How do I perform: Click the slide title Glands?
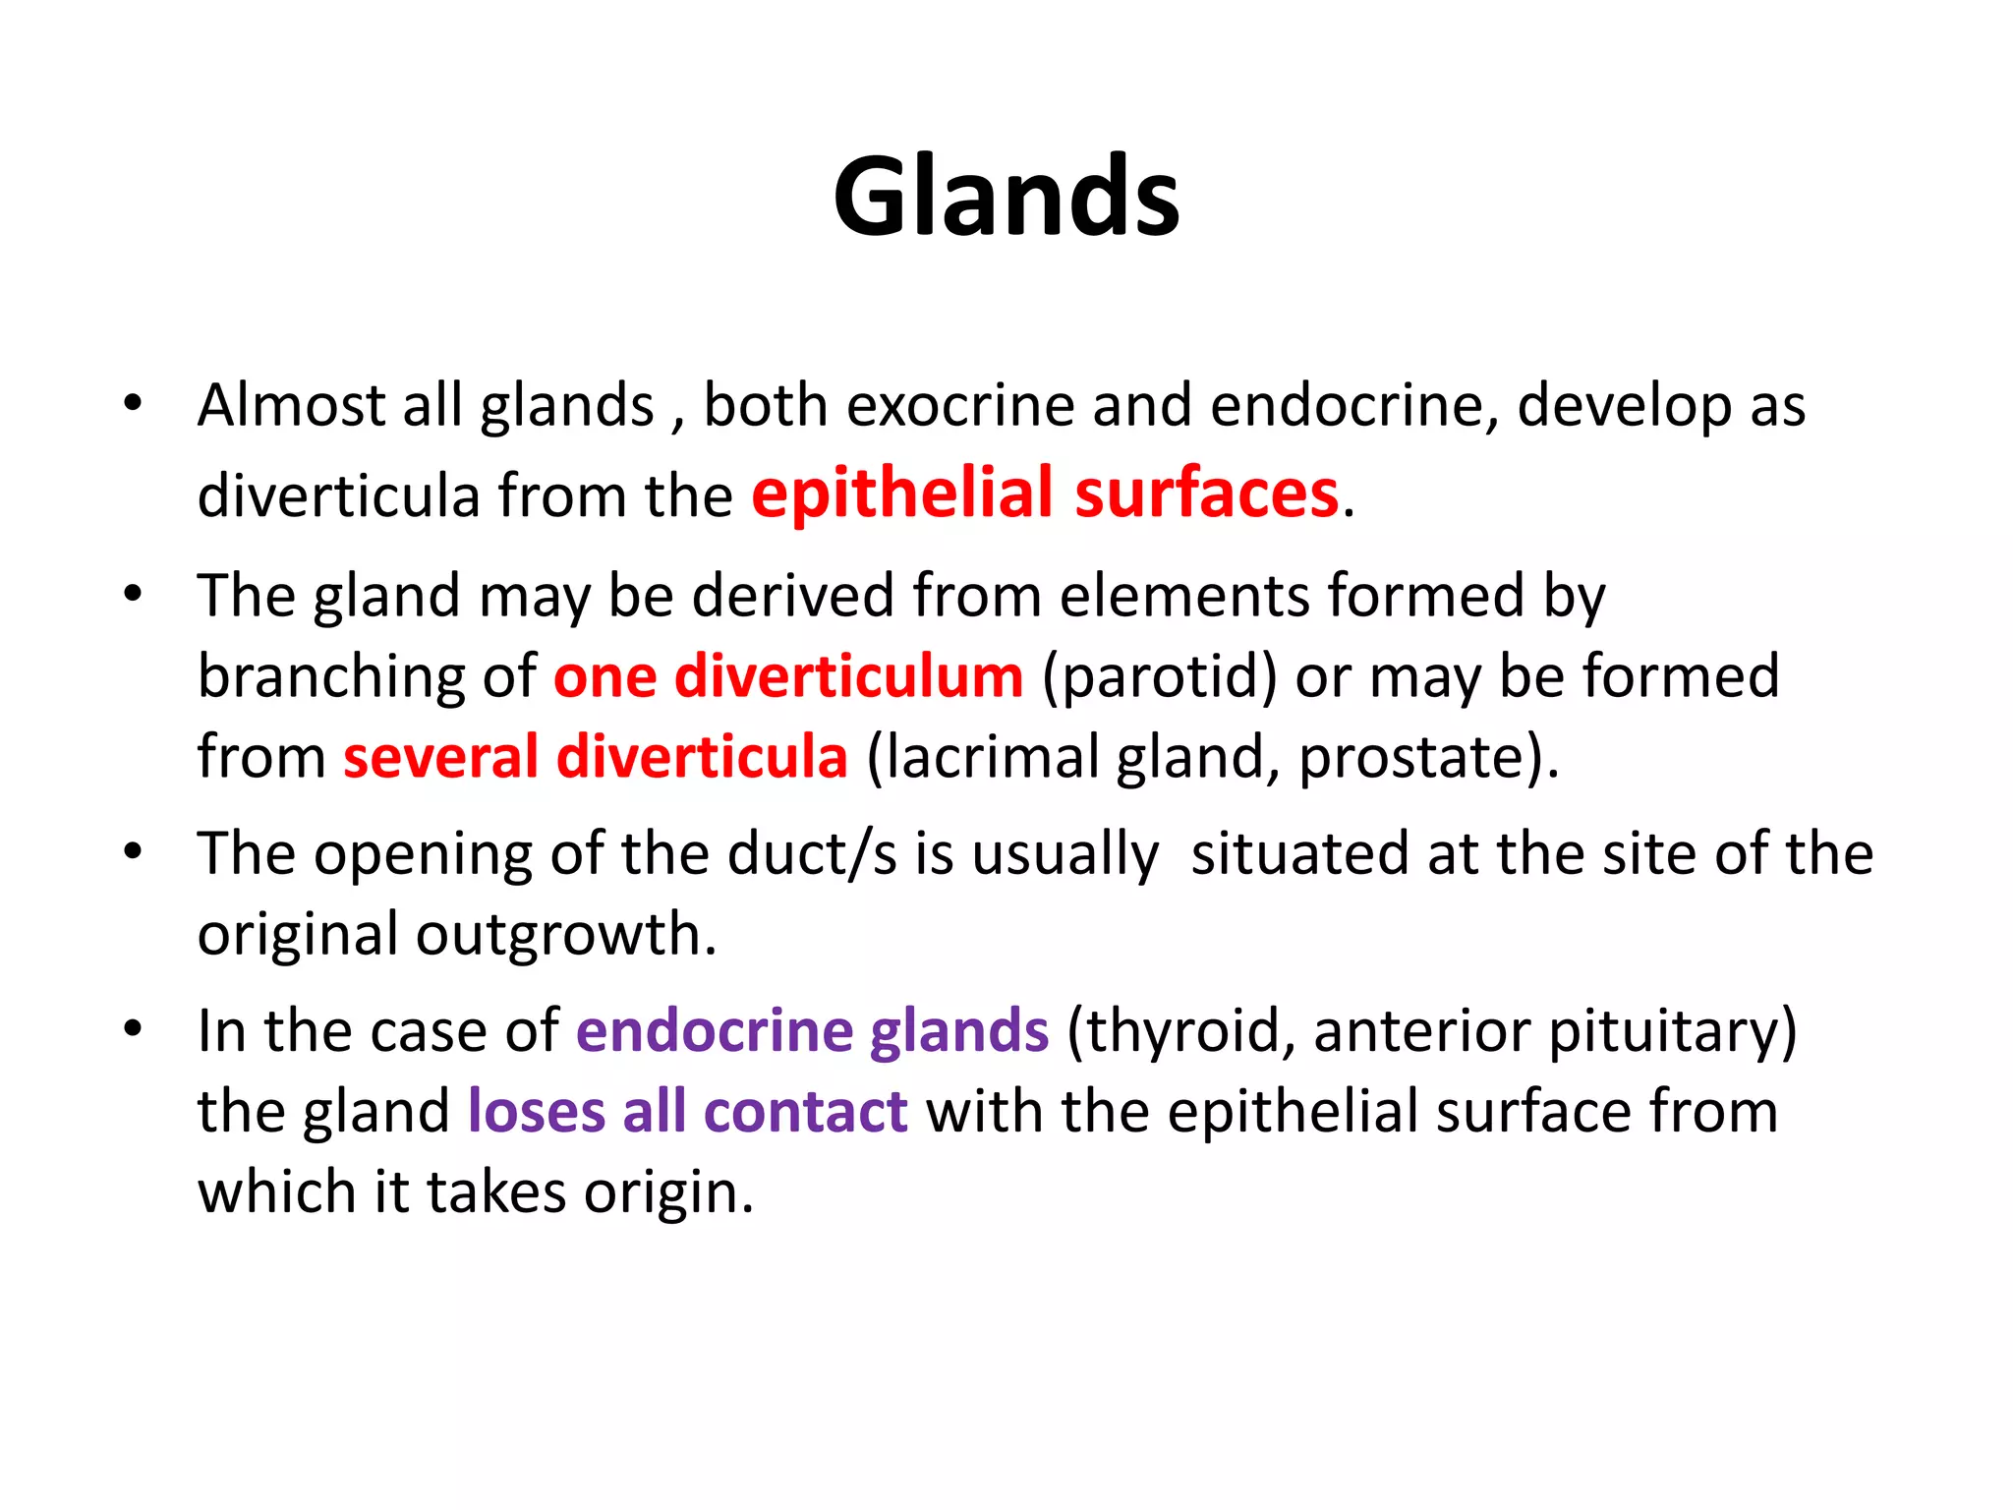1006,197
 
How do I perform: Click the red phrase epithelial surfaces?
1044,493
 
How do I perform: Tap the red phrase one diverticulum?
788,676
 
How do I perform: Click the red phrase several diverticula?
595,757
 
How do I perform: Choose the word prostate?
1412,759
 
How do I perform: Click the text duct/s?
812,853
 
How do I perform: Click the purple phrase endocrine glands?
812,1031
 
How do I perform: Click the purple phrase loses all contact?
687,1112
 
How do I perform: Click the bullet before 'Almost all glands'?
134,403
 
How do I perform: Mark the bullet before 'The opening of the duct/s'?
134,851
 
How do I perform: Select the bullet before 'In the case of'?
134,1029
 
